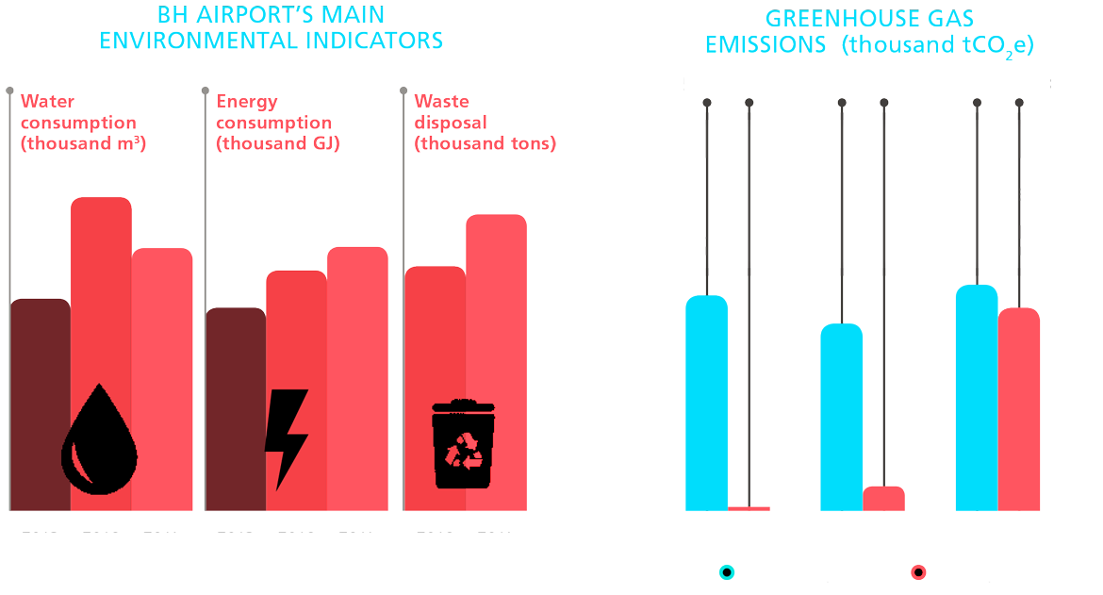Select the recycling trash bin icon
pos(463,444)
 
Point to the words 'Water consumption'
pos(78,111)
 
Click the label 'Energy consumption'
pos(273,111)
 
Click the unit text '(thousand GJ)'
pos(277,144)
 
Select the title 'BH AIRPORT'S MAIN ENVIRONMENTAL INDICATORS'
pos(272,28)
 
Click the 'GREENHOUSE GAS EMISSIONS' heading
pos(868,32)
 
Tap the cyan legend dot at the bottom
pos(727,572)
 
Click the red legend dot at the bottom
pos(918,572)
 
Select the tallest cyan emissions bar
pos(976,396)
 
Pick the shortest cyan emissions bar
pos(841,415)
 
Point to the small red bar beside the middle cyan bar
pos(883,498)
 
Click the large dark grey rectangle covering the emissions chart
pos(863,193)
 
